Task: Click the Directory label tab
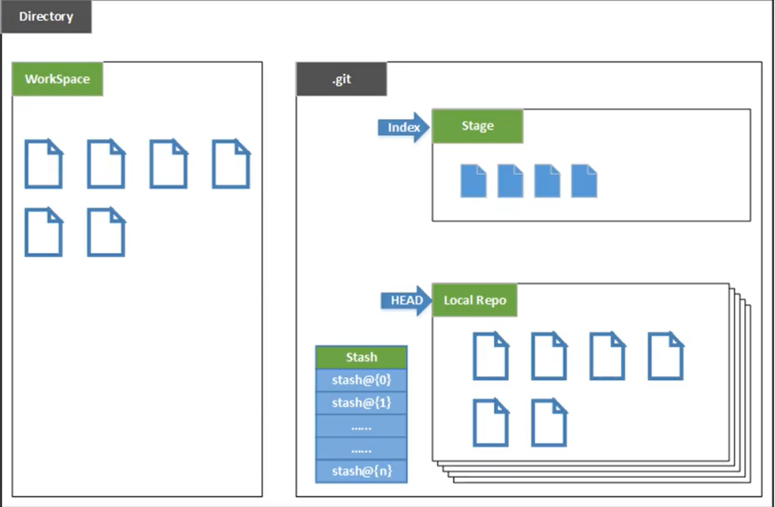[46, 16]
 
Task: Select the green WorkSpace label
[57, 78]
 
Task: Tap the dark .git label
[342, 78]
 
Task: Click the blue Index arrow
[404, 127]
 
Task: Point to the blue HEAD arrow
[406, 300]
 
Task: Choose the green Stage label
[477, 126]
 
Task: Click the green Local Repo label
[475, 300]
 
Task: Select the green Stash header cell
[361, 357]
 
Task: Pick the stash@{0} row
[361, 380]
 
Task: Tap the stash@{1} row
[361, 403]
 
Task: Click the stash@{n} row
[361, 471]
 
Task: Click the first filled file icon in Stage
[473, 181]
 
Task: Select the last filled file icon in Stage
[584, 181]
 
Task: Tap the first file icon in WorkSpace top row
[43, 164]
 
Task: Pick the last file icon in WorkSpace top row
[231, 164]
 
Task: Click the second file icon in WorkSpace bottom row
[106, 232]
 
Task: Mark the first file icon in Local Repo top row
[491, 356]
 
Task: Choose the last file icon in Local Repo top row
[666, 356]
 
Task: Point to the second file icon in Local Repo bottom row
[549, 423]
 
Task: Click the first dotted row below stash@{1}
[361, 426]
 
